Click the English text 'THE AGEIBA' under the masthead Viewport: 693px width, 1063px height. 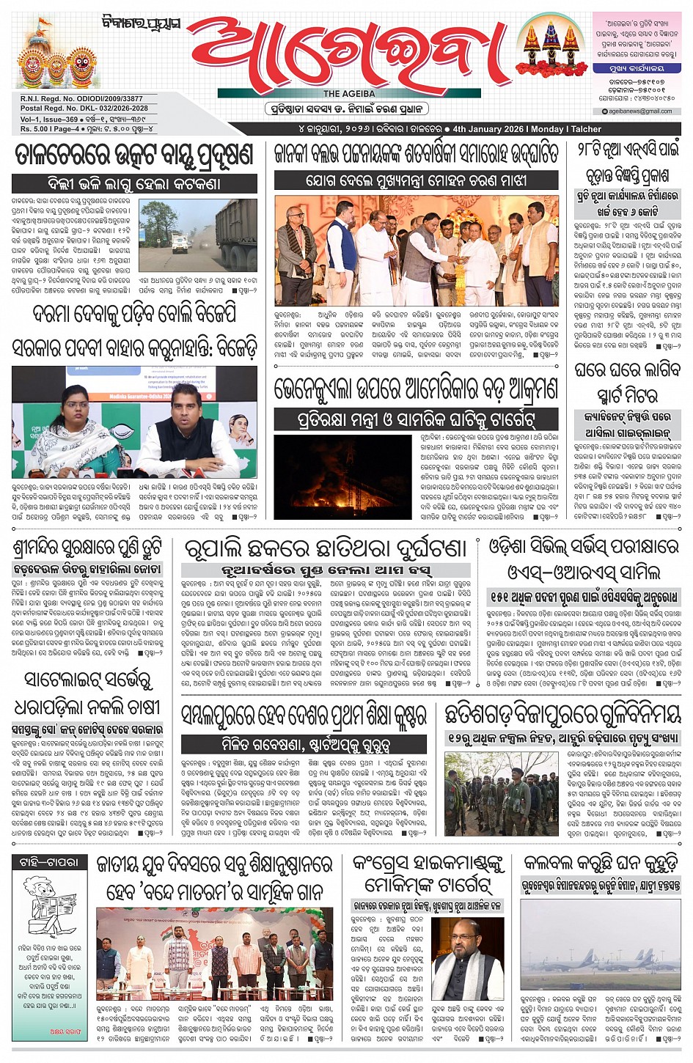tap(349, 94)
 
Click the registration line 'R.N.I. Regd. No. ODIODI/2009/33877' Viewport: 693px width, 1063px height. tap(81, 99)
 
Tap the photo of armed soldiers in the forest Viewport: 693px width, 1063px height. tap(502, 794)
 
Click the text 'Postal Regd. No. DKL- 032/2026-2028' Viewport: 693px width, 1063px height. tap(84, 108)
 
